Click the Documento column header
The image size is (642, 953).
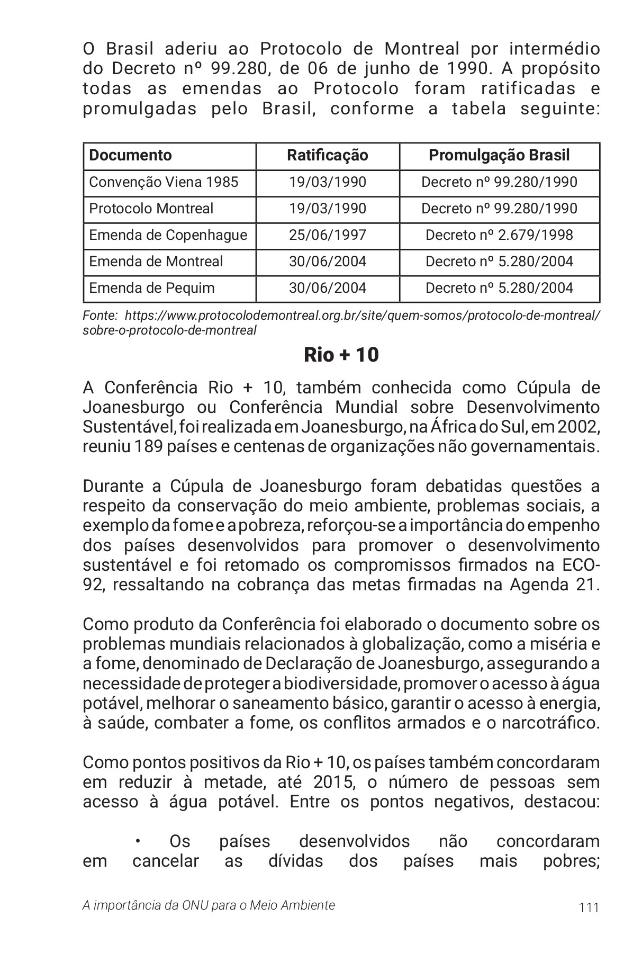(130, 155)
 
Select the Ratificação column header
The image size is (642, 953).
(327, 155)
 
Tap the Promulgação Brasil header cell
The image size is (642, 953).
(499, 155)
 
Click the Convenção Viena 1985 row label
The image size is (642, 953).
(164, 182)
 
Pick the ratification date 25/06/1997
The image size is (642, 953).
(327, 235)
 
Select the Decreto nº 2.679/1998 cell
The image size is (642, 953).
(499, 235)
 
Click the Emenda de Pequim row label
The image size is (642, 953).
(151, 288)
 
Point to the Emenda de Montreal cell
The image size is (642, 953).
(156, 262)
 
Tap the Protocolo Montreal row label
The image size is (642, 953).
(151, 209)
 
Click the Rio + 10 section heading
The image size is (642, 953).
(341, 355)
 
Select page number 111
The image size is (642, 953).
(589, 907)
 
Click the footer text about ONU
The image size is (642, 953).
(209, 905)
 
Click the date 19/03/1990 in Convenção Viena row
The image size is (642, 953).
(327, 182)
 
